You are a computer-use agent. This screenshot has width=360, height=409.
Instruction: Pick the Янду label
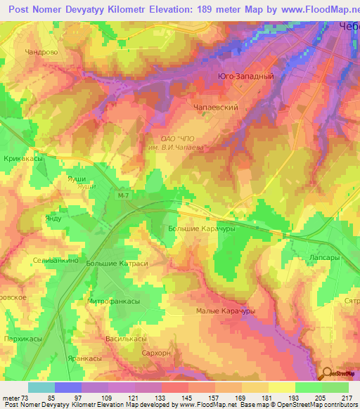[53, 219]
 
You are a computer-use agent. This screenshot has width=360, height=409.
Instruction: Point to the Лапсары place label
[324, 259]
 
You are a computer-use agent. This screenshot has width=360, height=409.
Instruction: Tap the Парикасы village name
[22, 339]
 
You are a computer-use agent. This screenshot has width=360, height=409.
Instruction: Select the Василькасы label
[124, 339]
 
